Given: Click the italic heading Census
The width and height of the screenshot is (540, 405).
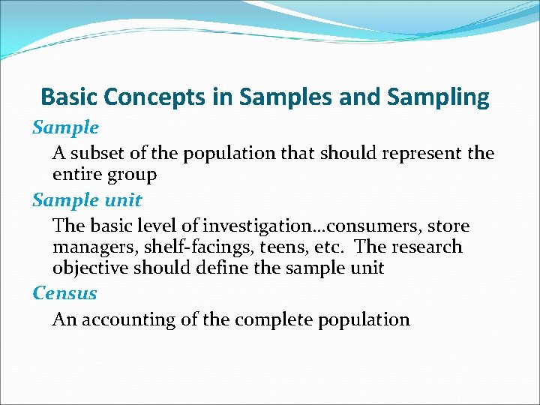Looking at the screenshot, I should pos(64,292).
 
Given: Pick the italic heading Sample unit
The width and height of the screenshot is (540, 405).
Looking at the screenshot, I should pos(86,200).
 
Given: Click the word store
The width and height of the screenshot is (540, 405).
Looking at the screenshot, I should pos(448,226).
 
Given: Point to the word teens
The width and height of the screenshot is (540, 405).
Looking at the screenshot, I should pos(272,247).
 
